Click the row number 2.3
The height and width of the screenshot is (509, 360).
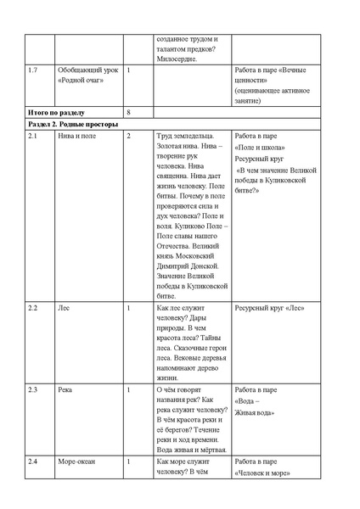pyautogui.click(x=32, y=390)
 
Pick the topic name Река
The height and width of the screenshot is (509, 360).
pyautogui.click(x=65, y=390)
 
